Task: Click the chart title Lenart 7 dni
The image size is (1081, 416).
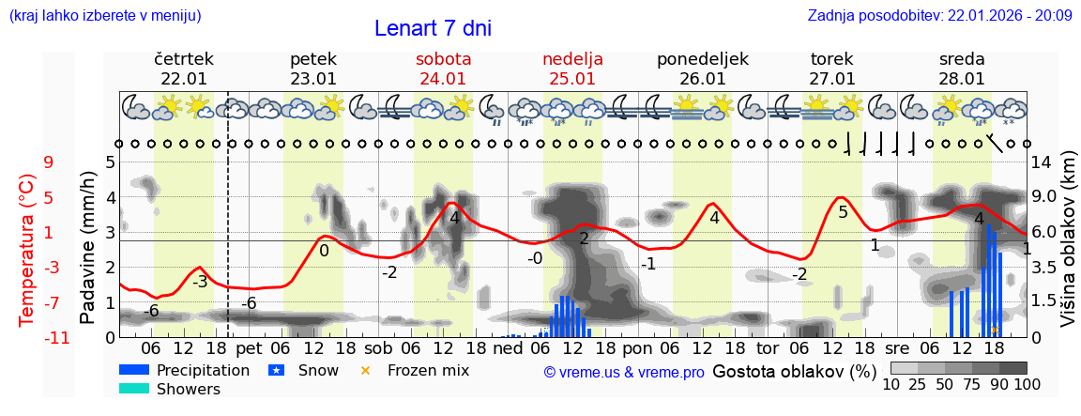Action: [x=433, y=28]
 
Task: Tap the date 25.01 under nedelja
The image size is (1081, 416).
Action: [x=572, y=79]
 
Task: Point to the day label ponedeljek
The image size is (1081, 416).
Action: [x=702, y=59]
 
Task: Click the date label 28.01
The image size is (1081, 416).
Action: [x=962, y=79]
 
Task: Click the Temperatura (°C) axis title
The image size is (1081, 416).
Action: [x=27, y=250]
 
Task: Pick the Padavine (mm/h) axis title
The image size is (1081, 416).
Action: [x=88, y=248]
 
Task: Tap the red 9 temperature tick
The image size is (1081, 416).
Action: [x=48, y=162]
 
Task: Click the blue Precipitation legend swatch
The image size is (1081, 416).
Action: [x=134, y=370]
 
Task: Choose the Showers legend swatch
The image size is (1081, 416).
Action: [x=134, y=389]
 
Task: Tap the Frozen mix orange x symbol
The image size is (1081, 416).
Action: [x=366, y=370]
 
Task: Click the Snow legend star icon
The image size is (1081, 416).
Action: [x=276, y=370]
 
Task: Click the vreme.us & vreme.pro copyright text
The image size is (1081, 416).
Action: [x=624, y=372]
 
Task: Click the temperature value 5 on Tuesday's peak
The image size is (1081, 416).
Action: [x=843, y=212]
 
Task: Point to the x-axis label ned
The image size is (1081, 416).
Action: [x=508, y=347]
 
